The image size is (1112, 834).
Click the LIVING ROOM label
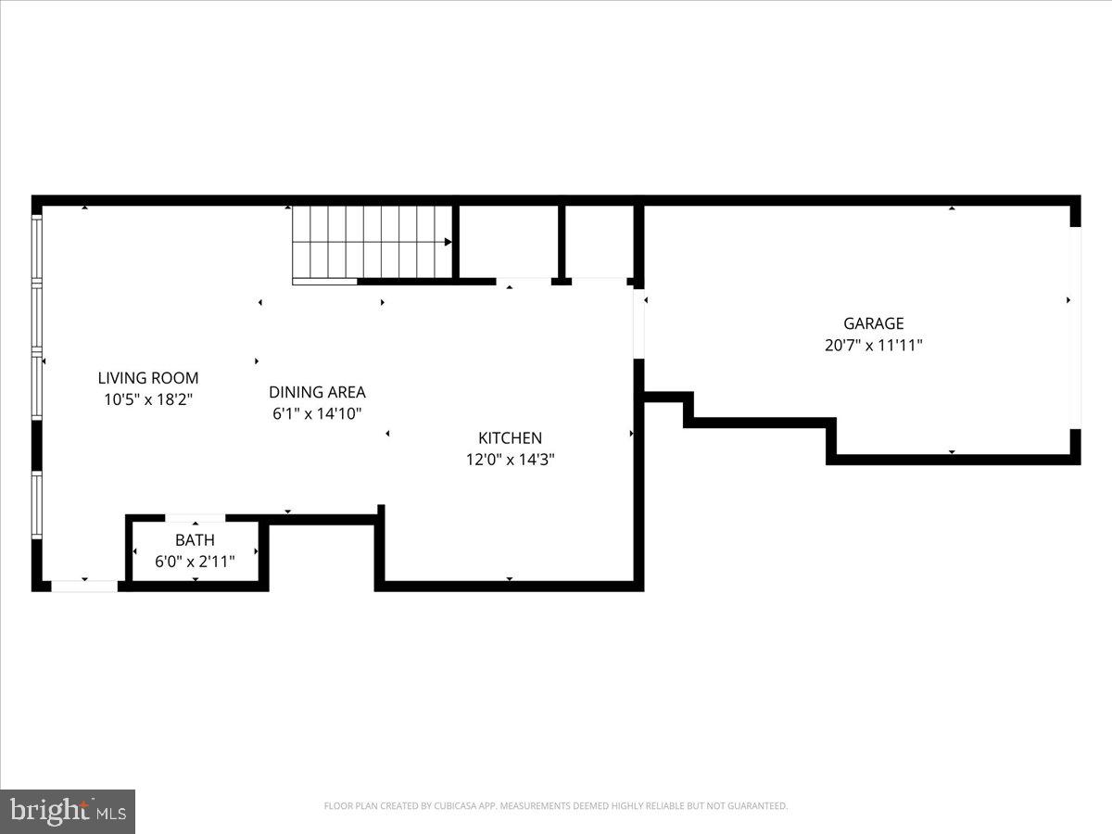pos(148,378)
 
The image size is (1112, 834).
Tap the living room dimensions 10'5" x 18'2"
pos(148,400)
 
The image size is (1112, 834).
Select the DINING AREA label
pos(317,392)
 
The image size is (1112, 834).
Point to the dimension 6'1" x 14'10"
pos(317,414)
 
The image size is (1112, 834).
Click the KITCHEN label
pos(510,438)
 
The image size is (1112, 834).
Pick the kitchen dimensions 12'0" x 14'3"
pos(510,460)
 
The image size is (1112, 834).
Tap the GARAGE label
pos(873,323)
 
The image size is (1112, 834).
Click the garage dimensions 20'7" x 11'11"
pos(873,346)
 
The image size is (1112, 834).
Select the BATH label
pos(195,540)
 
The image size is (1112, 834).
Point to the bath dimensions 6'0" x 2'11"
pos(195,562)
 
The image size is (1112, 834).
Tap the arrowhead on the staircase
pos(448,243)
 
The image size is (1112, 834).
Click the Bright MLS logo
pos(68,811)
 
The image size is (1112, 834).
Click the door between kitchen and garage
pos(638,324)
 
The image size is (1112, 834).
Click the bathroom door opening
pos(195,518)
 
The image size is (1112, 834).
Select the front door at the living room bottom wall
pos(84,586)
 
